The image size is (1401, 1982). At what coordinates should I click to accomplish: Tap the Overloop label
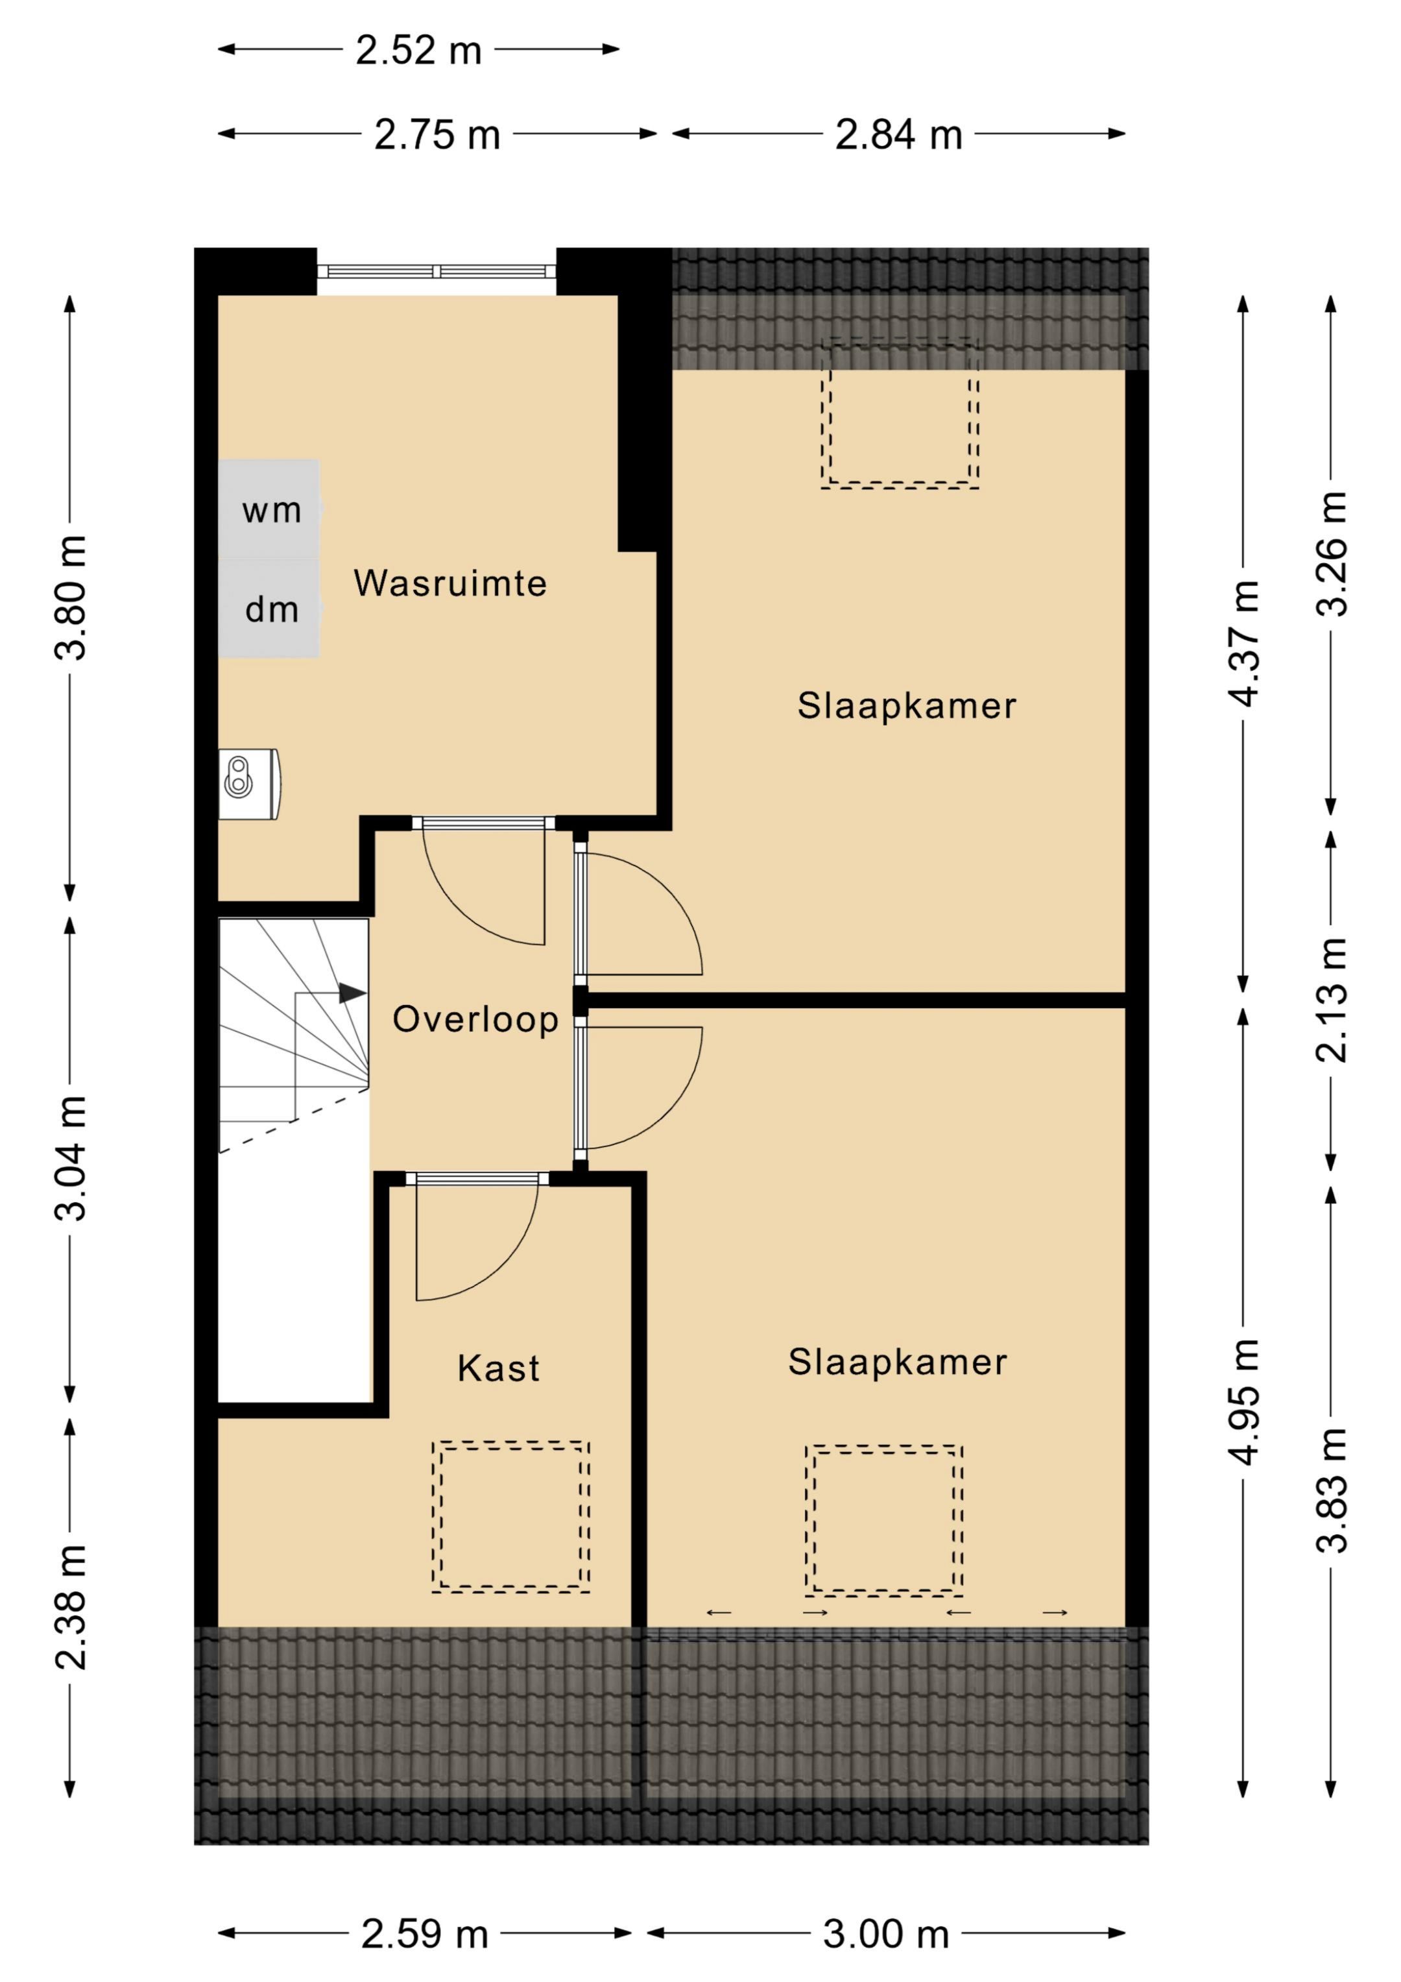click(x=475, y=1019)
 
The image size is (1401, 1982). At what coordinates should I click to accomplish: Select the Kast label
click(x=498, y=1368)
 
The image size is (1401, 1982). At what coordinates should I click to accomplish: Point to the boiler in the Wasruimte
click(x=250, y=784)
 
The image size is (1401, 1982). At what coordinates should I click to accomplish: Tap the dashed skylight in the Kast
click(x=511, y=1517)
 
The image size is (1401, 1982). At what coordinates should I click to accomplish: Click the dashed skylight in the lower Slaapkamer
click(x=884, y=1520)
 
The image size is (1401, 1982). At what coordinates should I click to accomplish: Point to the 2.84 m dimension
click(x=898, y=135)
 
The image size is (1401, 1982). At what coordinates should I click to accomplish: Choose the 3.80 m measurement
click(x=71, y=598)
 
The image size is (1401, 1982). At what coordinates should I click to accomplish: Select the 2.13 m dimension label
click(x=1330, y=1000)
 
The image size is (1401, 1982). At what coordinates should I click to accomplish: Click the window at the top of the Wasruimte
click(x=437, y=271)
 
